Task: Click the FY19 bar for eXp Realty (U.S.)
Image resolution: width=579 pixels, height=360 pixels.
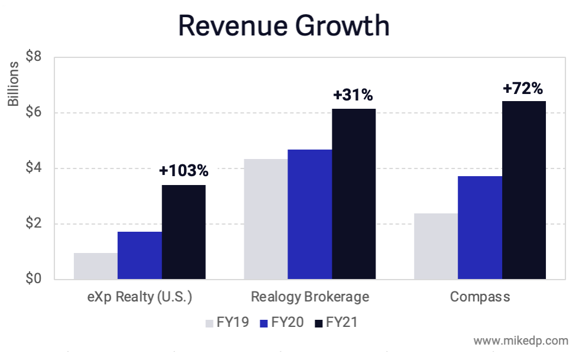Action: (95, 266)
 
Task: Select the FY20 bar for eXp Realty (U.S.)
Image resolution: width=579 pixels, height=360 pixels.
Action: (140, 255)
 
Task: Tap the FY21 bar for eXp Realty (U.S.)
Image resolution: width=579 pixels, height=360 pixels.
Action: (183, 232)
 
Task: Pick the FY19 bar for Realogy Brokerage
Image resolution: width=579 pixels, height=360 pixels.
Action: (266, 219)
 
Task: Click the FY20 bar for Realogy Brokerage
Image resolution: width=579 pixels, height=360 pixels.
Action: (309, 215)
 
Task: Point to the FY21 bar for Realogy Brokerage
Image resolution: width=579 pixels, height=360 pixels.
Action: (354, 194)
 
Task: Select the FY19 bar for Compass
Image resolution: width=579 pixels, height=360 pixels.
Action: (436, 247)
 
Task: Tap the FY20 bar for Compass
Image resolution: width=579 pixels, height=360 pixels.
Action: (480, 228)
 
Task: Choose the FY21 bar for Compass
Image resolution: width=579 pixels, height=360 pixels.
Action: (524, 190)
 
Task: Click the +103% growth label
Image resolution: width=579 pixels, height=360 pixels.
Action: (183, 171)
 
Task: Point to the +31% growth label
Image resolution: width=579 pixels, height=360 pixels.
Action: (353, 95)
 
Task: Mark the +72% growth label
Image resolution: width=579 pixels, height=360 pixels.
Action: (523, 88)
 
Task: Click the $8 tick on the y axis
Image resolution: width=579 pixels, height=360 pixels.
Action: (33, 57)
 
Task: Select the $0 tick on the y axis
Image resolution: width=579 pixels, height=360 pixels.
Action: (33, 279)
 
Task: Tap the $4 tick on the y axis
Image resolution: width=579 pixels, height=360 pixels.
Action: (33, 168)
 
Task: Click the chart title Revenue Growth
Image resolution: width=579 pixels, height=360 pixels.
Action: (284, 26)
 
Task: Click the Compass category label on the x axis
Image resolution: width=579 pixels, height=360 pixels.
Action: (480, 297)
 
